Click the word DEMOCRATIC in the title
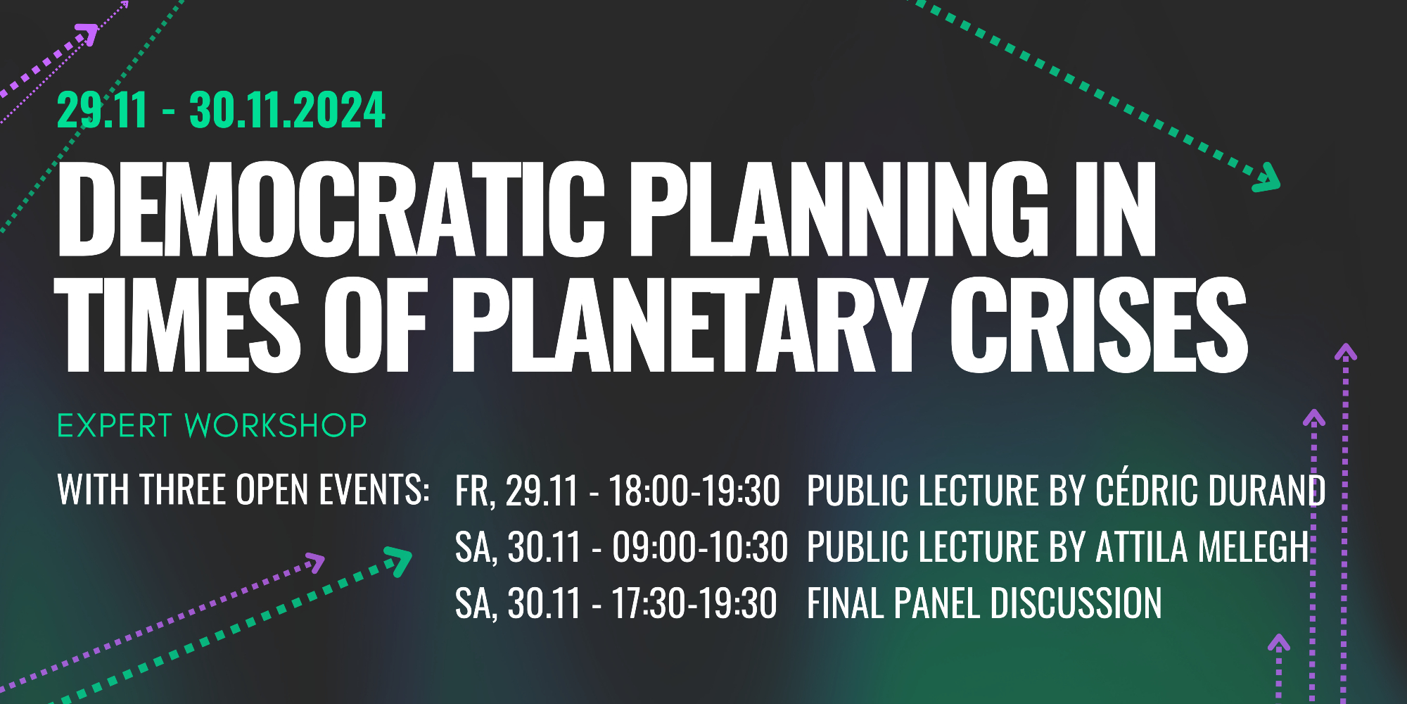point(331,209)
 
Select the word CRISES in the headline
point(1099,323)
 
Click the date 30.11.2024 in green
point(287,111)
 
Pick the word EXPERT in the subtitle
point(115,426)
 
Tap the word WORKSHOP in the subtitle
point(275,426)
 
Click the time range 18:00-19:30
point(694,491)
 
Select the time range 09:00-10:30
point(700,547)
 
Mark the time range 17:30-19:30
point(694,603)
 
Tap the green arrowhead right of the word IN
point(1267,177)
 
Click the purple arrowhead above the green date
point(87,34)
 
